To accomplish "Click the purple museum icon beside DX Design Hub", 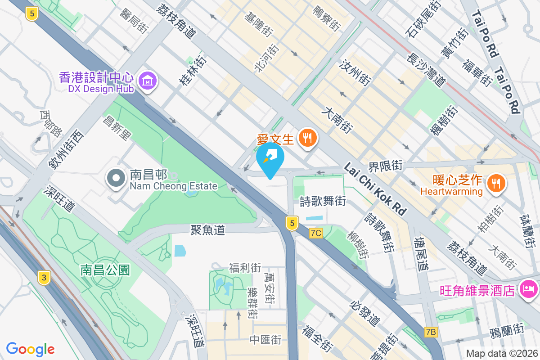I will (x=148, y=81).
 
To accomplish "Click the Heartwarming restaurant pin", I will (x=497, y=183).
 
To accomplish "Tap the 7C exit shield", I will (x=316, y=233).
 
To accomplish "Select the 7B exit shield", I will (x=431, y=332).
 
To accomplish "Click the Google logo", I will (x=31, y=349).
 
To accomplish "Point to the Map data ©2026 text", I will (x=501, y=353).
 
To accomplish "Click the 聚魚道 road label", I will (x=207, y=230).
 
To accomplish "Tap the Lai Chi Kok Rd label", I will (x=374, y=189).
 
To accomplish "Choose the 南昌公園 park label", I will (x=105, y=270).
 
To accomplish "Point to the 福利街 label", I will (x=245, y=268).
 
